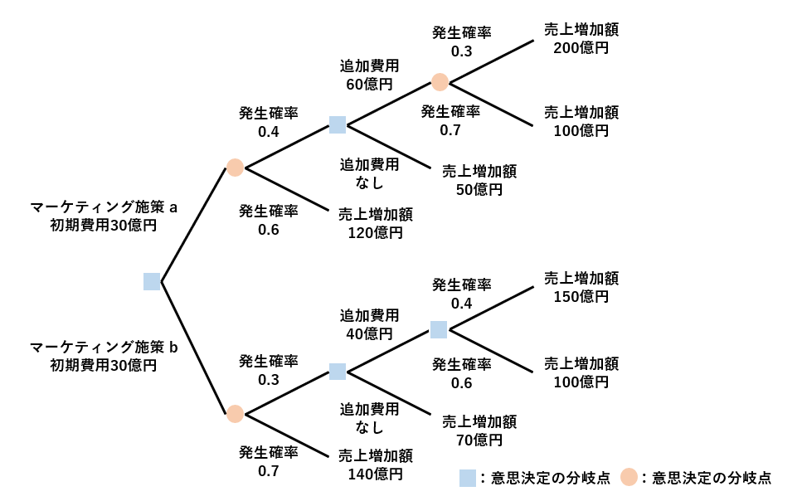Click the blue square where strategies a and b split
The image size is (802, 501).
[x=152, y=281]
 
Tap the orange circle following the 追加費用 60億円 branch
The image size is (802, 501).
[x=440, y=82]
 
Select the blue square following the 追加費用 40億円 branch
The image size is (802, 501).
[x=439, y=329]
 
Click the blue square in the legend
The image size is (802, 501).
[x=468, y=478]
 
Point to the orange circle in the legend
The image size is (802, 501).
[x=629, y=477]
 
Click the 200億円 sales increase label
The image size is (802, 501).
[x=581, y=48]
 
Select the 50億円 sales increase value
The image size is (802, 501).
[x=479, y=190]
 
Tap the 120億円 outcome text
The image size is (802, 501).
[x=376, y=233]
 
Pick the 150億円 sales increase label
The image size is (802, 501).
[x=581, y=297]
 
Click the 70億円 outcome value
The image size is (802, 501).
[x=479, y=440]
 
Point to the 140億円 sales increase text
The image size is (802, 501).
[x=376, y=474]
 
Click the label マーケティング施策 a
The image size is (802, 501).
[x=104, y=207]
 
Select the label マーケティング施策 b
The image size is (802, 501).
[x=104, y=347]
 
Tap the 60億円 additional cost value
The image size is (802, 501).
[x=369, y=85]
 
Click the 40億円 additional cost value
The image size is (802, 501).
[x=369, y=334]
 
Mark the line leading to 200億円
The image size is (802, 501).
[x=492, y=61]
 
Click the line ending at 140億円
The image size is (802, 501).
[x=286, y=435]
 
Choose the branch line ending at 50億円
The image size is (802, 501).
[x=389, y=146]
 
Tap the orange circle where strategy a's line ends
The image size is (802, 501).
[x=235, y=168]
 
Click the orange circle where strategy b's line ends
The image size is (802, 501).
[x=235, y=414]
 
